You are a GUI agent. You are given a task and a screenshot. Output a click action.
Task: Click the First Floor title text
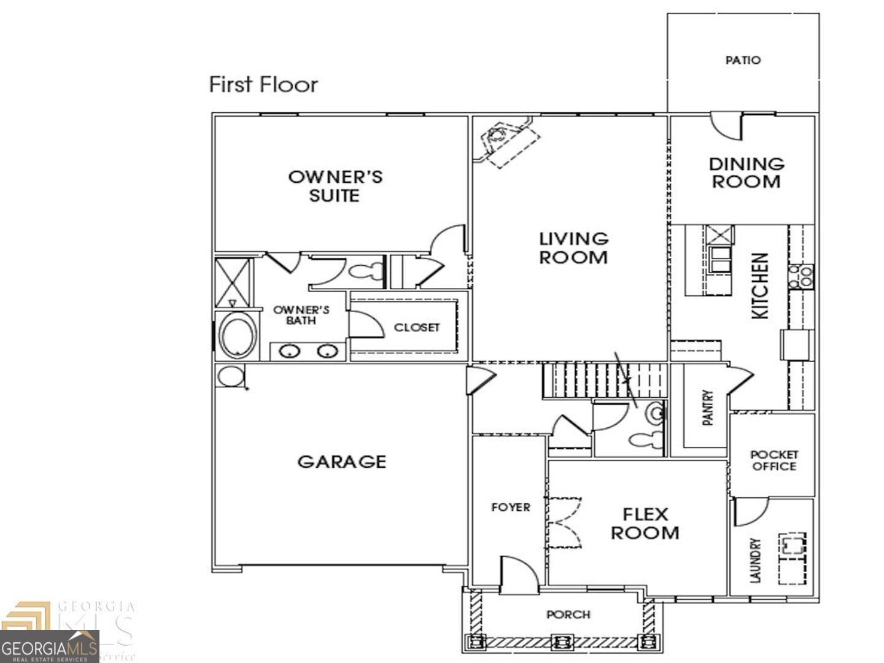tap(263, 84)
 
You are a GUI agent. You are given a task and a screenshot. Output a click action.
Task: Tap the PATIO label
tap(743, 60)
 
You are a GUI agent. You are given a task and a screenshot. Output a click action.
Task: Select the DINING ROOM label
tap(746, 173)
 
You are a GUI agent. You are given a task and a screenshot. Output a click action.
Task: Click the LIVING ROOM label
tap(573, 247)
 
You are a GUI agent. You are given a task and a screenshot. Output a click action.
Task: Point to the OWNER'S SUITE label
tap(335, 186)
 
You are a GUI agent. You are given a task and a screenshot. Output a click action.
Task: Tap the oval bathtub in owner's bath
tap(238, 336)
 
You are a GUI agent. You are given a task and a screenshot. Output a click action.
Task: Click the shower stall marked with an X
tap(233, 282)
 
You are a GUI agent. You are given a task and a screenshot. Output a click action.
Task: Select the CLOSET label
tap(417, 327)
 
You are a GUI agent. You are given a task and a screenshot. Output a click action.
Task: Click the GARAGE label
tap(342, 462)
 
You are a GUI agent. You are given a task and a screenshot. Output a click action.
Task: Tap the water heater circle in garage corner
tap(230, 376)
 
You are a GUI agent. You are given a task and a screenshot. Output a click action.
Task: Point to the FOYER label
tap(510, 507)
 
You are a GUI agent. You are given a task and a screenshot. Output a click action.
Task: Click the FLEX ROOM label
tap(645, 523)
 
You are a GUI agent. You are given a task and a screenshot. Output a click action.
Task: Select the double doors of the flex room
tap(564, 522)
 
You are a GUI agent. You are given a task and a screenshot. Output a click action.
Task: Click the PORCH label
tap(568, 614)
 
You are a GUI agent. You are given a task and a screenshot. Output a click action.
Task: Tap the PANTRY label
tap(708, 408)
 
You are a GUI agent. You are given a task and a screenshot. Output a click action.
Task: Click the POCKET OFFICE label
tap(774, 460)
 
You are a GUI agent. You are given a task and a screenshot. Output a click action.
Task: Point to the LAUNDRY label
tap(755, 560)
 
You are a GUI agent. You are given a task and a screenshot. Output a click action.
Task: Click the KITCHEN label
tap(760, 286)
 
